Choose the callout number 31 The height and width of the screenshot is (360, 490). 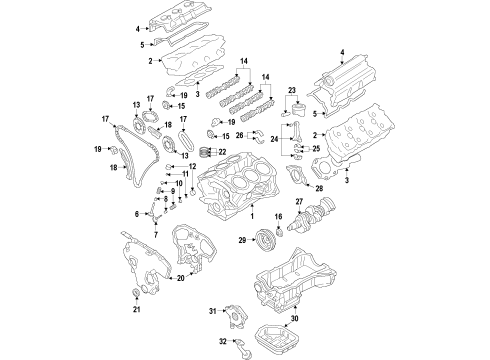click(213, 313)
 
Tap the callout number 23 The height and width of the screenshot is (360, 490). click(292, 89)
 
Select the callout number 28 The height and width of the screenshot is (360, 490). click(320, 188)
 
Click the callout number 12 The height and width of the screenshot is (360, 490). click(207, 166)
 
